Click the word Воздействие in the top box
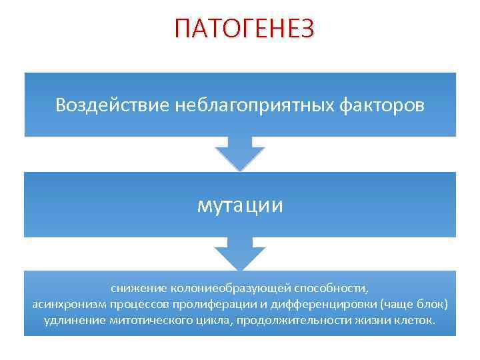[113, 105]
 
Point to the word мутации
[240, 205]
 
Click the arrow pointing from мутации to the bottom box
[240, 254]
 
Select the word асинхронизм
[65, 304]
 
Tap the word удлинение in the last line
[72, 321]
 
